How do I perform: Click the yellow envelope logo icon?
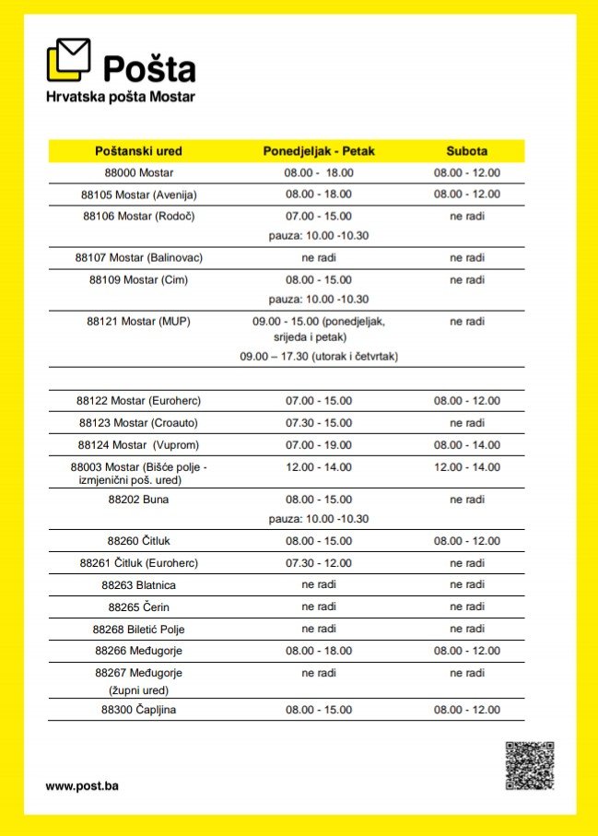click(68, 60)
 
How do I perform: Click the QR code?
click(529, 765)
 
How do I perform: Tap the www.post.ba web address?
click(82, 786)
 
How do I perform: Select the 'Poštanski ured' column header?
click(138, 150)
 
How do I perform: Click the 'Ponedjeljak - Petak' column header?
click(319, 150)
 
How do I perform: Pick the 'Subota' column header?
click(467, 150)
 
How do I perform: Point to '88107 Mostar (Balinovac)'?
click(138, 257)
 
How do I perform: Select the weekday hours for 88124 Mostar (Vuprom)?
click(319, 445)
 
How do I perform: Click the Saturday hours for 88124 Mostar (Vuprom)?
click(467, 445)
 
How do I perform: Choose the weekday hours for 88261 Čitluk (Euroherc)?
click(319, 562)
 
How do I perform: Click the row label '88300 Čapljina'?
click(138, 710)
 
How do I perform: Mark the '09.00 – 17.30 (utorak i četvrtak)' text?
click(319, 356)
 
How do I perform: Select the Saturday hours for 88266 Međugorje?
click(467, 650)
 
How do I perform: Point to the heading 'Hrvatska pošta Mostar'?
click(121, 97)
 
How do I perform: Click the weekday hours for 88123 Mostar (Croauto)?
click(319, 423)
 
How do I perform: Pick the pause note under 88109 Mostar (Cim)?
click(319, 300)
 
